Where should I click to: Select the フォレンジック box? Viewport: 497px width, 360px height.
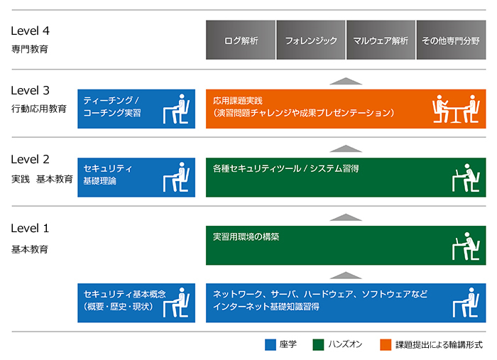tap(310, 40)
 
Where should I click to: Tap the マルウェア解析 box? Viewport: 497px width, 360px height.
tap(380, 40)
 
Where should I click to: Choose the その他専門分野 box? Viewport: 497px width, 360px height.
tap(451, 40)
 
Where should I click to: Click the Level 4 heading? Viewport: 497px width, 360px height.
tap(30, 31)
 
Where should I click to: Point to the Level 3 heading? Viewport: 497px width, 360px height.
tap(30, 91)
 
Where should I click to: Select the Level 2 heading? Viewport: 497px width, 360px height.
tap(30, 160)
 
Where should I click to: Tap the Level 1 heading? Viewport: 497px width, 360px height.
tap(30, 229)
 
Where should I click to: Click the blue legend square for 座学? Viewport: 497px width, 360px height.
tap(270, 344)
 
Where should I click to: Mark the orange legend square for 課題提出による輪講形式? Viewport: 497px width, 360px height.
tap(385, 344)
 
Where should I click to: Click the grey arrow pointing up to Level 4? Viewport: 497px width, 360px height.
tap(346, 81)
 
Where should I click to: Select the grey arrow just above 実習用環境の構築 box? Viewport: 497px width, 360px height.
tap(346, 217)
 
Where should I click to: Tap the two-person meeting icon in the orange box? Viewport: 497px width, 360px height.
tap(454, 109)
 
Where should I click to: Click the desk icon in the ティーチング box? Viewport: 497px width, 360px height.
tap(177, 109)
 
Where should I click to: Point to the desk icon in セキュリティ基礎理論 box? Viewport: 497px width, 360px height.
tap(177, 178)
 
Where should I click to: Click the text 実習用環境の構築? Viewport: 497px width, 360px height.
tap(246, 236)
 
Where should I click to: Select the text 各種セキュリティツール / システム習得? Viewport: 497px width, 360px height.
tap(285, 168)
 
